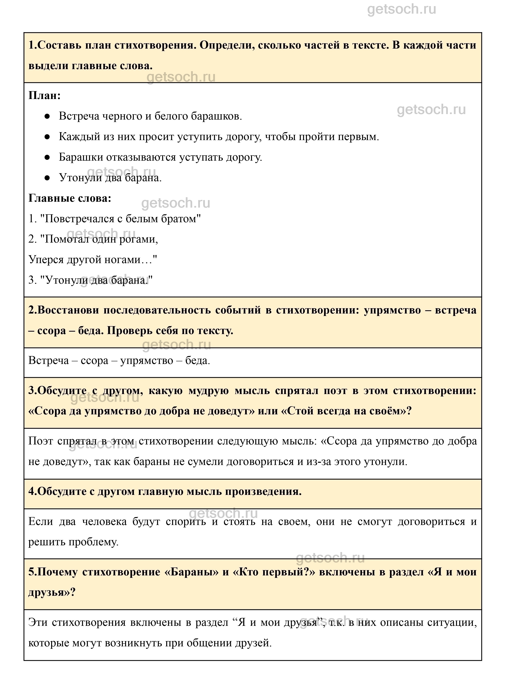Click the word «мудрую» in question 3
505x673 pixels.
click(208, 391)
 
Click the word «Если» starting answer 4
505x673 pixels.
click(40, 522)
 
